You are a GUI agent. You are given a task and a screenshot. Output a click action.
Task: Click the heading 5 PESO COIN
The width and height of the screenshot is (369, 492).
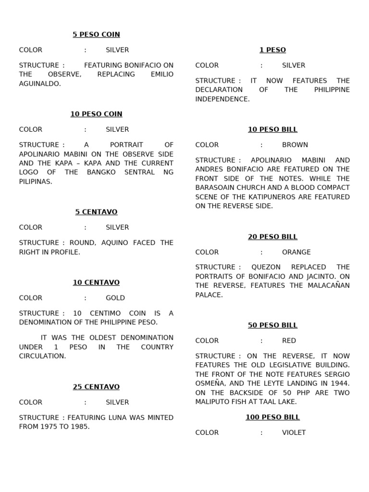[96, 35]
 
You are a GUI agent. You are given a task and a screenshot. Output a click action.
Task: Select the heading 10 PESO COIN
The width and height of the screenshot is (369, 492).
[96, 114]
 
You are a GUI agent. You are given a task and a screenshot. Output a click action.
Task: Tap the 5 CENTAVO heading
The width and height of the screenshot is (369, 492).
[96, 212]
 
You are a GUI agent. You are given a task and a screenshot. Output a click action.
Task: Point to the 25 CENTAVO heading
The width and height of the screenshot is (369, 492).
[96, 387]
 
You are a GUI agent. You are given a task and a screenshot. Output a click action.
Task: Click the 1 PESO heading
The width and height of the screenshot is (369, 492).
[272, 50]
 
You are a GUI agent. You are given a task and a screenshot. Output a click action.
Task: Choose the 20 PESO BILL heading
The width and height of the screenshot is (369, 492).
[272, 237]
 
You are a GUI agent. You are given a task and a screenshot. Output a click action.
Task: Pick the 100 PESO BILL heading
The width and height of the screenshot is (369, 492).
[272, 417]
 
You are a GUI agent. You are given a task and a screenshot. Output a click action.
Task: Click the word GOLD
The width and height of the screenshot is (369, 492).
[115, 298]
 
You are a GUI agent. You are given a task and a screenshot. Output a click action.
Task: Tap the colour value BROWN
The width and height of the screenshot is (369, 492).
[295, 145]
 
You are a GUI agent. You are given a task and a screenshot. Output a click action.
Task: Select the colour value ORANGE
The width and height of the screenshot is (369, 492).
[296, 252]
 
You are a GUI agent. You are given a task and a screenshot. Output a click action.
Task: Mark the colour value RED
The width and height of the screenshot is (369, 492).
[289, 341]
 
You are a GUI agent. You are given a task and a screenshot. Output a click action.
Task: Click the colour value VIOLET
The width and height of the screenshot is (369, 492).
[294, 432]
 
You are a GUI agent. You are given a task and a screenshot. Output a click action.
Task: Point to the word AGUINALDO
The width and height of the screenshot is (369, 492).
[39, 84]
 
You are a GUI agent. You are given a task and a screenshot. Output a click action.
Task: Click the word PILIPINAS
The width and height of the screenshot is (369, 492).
[35, 182]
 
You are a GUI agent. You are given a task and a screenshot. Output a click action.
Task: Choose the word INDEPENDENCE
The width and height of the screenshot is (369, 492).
[222, 99]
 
